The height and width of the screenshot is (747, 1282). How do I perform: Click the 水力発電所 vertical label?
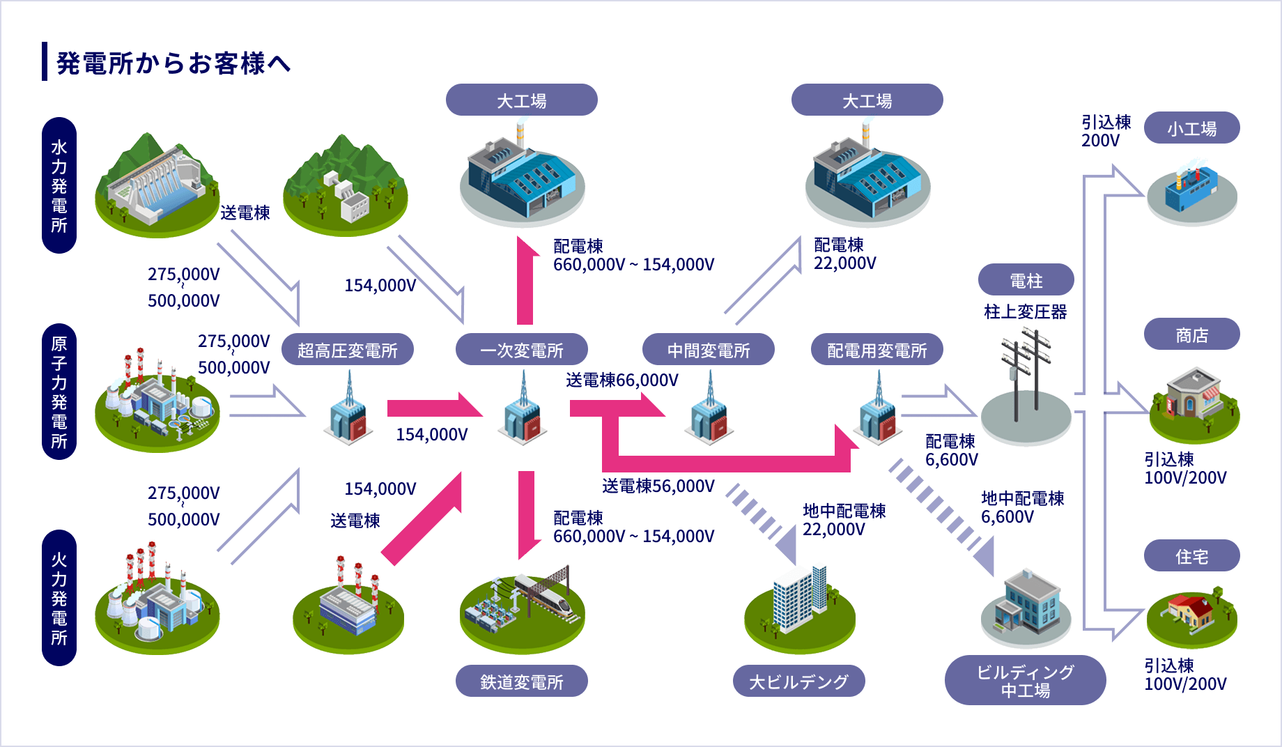[x=59, y=185]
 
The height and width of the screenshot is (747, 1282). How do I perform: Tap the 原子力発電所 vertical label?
[x=59, y=392]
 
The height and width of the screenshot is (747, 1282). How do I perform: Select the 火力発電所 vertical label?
[x=59, y=598]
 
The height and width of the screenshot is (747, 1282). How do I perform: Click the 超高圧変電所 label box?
[x=347, y=350]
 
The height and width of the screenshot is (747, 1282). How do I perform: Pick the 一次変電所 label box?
[x=521, y=350]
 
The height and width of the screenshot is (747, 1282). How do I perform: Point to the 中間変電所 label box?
[x=708, y=350]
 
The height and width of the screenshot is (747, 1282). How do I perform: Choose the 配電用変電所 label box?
[x=876, y=350]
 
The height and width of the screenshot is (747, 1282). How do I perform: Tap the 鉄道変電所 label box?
[x=521, y=681]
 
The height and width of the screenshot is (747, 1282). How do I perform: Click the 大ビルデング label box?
[x=798, y=681]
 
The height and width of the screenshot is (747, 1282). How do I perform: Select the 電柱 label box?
[x=1026, y=280]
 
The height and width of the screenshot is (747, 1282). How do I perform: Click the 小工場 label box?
[x=1191, y=128]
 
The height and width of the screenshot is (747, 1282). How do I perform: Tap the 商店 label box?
[x=1191, y=335]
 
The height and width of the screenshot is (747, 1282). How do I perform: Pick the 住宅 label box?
[x=1191, y=556]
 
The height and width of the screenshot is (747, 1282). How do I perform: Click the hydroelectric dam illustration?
[x=157, y=185]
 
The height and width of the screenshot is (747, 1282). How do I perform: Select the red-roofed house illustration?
[x=1191, y=613]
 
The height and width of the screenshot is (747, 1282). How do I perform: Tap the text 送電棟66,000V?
[x=621, y=380]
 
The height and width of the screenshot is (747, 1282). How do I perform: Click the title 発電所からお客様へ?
[x=173, y=63]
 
